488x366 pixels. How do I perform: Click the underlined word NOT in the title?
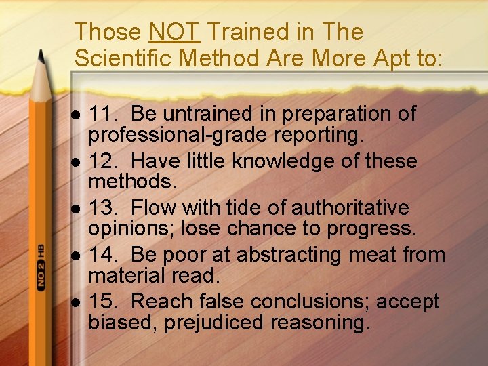(x=174, y=32)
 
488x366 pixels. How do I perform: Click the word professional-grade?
(x=178, y=135)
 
